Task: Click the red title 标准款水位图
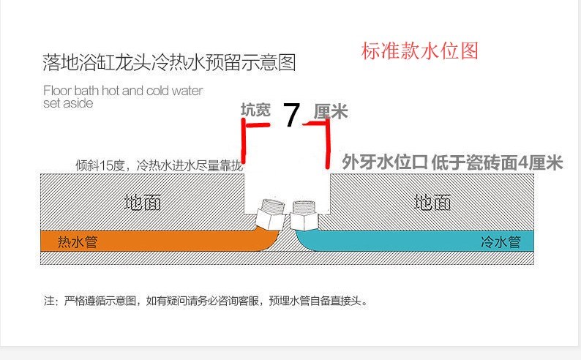pyautogui.click(x=419, y=51)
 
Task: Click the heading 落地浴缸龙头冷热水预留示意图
pyautogui.click(x=169, y=62)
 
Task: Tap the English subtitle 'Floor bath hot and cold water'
pyautogui.click(x=123, y=91)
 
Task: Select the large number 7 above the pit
pyautogui.click(x=291, y=116)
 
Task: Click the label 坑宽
pyautogui.click(x=255, y=110)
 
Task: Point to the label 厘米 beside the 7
pyautogui.click(x=331, y=112)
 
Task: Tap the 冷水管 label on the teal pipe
pyautogui.click(x=501, y=241)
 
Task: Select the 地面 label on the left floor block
pyautogui.click(x=143, y=202)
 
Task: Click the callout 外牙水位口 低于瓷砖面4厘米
pyautogui.click(x=452, y=162)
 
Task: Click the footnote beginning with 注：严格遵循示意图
pyautogui.click(x=205, y=300)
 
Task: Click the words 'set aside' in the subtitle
pyautogui.click(x=68, y=103)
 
